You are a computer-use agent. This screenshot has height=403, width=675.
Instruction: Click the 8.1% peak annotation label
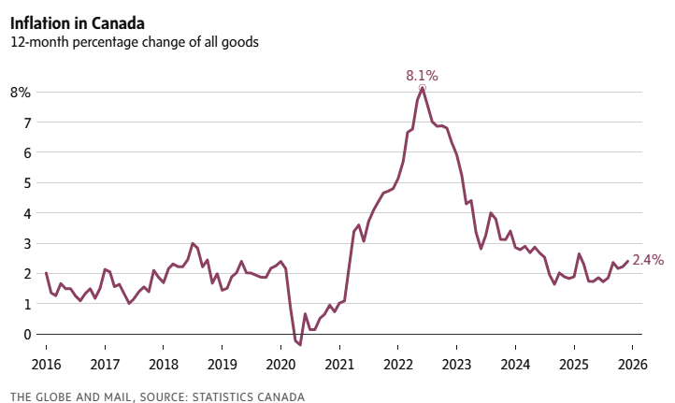(x=422, y=75)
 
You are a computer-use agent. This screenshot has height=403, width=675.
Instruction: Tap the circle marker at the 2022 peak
(x=423, y=88)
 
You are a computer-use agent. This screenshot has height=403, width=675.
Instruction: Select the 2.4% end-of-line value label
(x=649, y=260)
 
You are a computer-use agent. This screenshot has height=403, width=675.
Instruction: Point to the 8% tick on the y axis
(x=21, y=92)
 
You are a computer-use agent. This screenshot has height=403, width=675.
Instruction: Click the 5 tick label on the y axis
(x=27, y=182)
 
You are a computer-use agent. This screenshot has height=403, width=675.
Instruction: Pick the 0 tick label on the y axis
(x=27, y=334)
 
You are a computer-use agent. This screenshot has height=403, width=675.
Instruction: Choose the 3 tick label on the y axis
(x=27, y=243)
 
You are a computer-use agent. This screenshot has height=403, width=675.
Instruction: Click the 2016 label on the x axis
(x=47, y=365)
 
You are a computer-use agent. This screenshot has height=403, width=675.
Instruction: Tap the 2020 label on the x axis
(x=280, y=365)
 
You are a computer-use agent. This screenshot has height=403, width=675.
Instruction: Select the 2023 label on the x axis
(x=456, y=365)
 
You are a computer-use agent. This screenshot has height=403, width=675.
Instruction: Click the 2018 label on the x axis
(x=164, y=365)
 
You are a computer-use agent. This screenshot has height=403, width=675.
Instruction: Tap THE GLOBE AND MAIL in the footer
(x=70, y=396)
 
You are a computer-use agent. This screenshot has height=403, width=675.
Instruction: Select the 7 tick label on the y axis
(x=27, y=122)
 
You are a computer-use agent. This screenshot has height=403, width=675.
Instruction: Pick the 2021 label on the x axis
(x=339, y=365)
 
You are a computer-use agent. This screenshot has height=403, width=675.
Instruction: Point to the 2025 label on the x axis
(x=573, y=365)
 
